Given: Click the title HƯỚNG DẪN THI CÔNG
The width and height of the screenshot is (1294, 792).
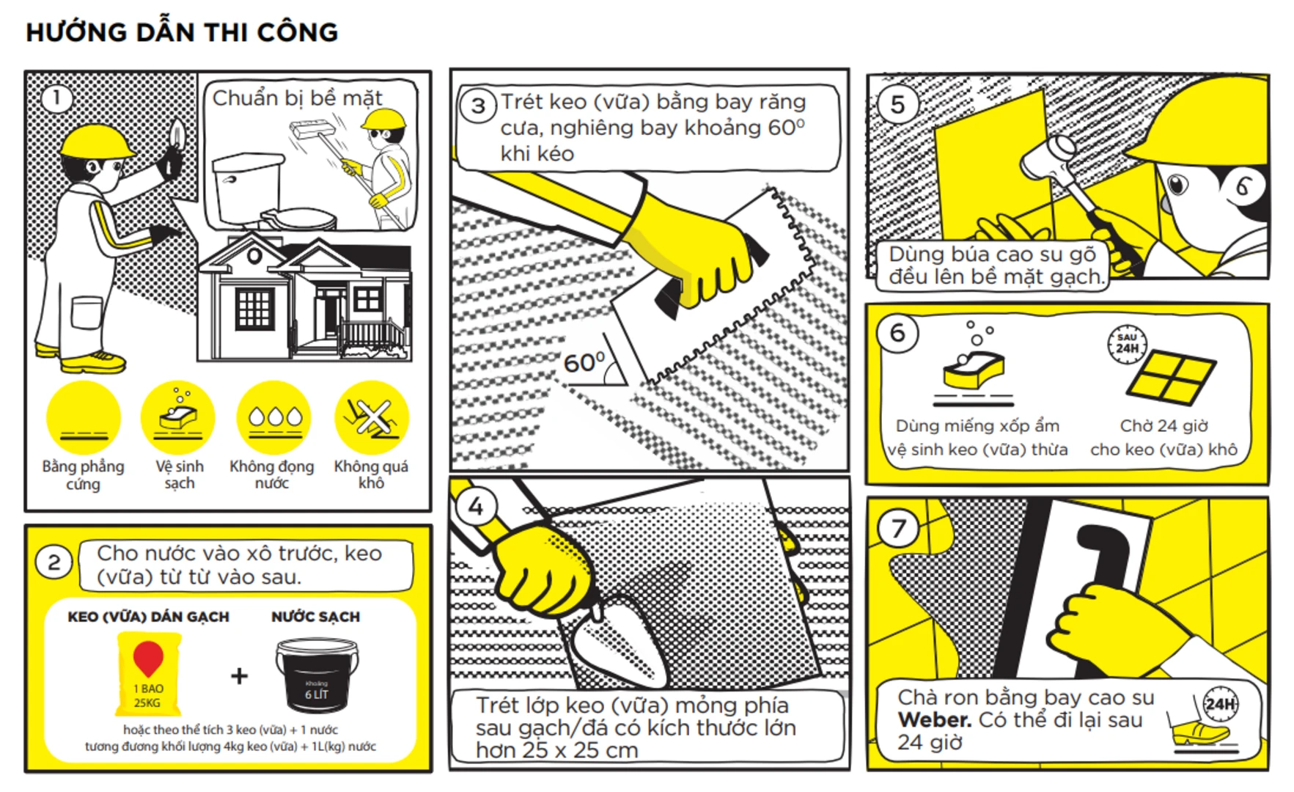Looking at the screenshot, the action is (x=182, y=32).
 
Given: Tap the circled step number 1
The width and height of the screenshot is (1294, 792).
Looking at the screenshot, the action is (x=56, y=98).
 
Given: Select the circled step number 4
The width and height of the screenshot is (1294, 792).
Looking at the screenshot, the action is (x=476, y=506).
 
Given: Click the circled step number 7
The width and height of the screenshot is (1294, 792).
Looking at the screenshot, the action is (x=899, y=528).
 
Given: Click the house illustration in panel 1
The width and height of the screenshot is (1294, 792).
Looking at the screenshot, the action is (x=304, y=297).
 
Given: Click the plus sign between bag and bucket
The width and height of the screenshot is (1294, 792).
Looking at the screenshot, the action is (x=239, y=675).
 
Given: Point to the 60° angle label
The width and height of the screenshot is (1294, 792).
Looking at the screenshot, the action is (x=584, y=362).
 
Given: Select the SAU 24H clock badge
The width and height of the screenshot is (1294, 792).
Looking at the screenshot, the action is (x=1127, y=344).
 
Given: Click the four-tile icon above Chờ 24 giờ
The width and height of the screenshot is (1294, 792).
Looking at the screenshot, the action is (x=1171, y=377).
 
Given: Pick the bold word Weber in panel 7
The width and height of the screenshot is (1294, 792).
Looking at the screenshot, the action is (x=935, y=720).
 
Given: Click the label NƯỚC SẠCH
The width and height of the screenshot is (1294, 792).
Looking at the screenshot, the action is (x=315, y=617).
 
